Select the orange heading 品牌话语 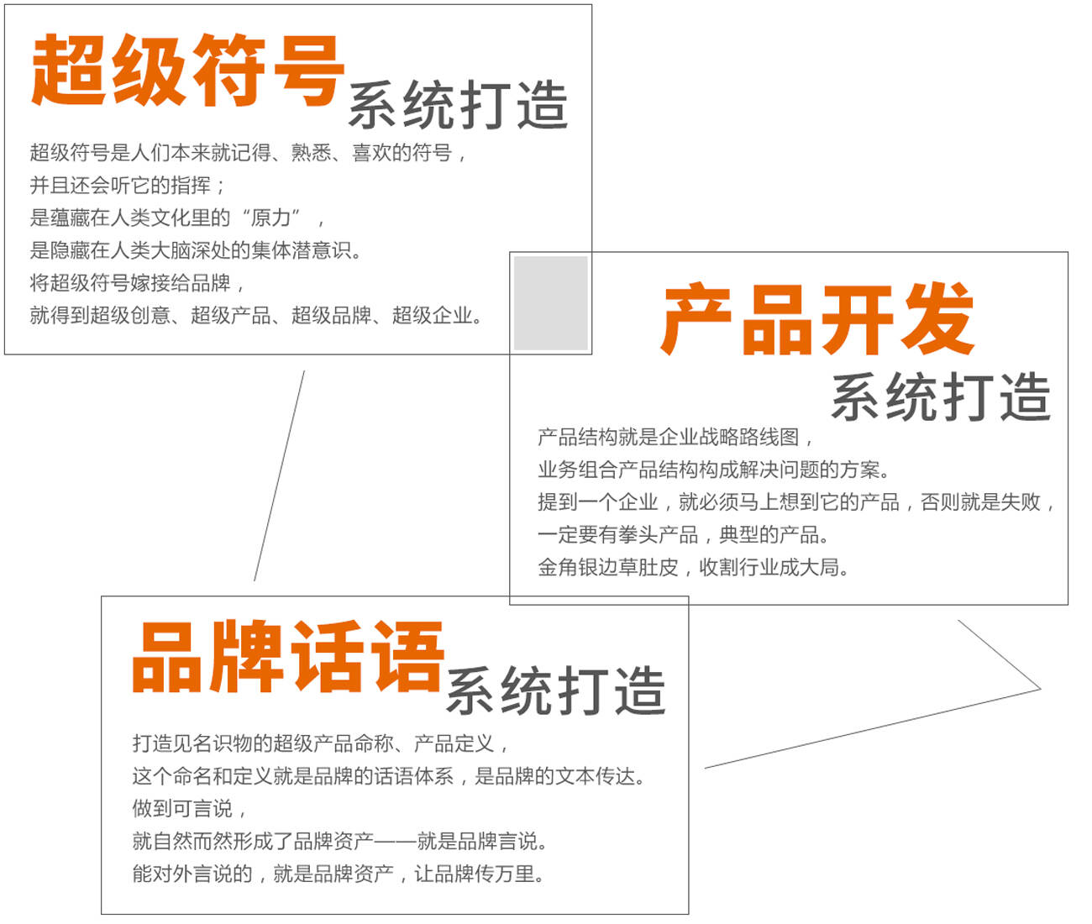click(x=288, y=657)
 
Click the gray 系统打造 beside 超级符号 click(x=458, y=105)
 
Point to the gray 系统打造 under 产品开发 click(x=941, y=396)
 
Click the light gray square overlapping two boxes click(x=550, y=303)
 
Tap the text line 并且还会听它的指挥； click(x=128, y=186)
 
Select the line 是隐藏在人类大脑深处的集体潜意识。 click(x=196, y=250)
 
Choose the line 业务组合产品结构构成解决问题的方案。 click(x=714, y=470)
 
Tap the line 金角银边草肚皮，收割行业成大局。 click(x=693, y=567)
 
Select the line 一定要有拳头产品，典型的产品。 click(x=683, y=535)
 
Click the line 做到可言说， click(x=189, y=809)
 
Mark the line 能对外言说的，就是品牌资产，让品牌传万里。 click(x=339, y=874)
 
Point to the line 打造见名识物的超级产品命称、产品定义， click(x=321, y=744)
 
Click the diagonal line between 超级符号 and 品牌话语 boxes click(x=280, y=475)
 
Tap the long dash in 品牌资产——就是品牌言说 click(x=395, y=842)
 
